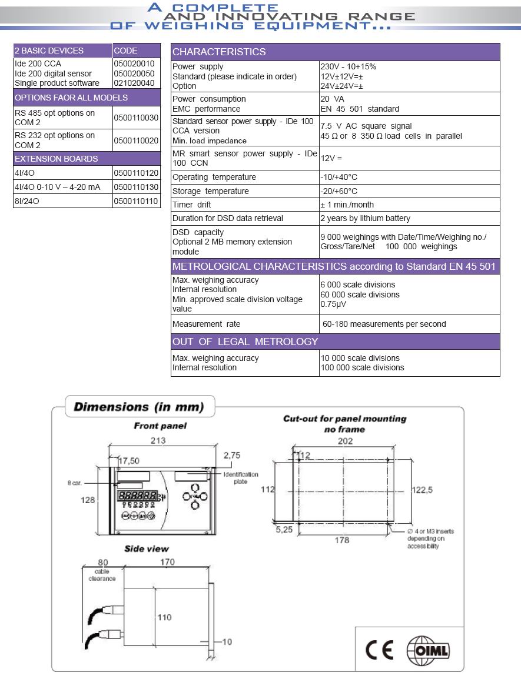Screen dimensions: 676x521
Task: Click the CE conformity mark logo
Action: point(379,649)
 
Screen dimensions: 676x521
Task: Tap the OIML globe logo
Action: point(428,650)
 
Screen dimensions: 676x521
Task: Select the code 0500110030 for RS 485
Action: point(136,118)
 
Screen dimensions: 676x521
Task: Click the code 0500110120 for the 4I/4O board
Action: point(136,173)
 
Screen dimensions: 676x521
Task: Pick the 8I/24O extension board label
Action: point(27,201)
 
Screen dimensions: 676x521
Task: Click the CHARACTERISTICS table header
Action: point(219,52)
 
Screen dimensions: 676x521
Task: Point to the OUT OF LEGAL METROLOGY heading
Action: point(245,342)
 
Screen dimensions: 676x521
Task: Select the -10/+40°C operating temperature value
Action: point(339,177)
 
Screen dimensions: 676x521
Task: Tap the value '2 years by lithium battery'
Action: point(365,218)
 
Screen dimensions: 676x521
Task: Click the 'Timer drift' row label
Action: point(191,205)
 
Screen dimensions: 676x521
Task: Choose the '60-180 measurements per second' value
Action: point(384,324)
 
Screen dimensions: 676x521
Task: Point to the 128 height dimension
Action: point(88,500)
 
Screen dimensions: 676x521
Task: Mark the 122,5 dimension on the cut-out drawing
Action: point(422,490)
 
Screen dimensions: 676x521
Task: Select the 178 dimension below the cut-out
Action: point(341,540)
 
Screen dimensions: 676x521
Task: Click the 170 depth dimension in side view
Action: point(167,562)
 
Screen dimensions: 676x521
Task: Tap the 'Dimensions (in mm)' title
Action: point(138,407)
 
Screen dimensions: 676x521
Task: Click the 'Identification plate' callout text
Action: point(240,477)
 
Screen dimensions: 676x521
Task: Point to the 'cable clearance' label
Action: point(102,575)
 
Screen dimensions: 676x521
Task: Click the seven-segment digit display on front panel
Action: point(138,495)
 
